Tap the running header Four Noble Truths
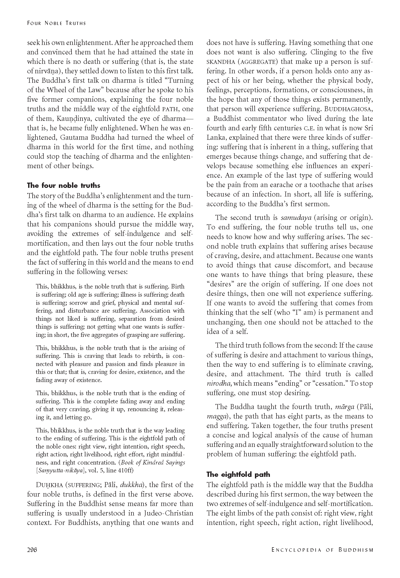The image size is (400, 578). pyautogui.click(x=57, y=23)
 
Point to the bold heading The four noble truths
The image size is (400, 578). pyautogui.click(x=64, y=185)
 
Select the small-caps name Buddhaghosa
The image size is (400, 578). pyautogui.click(x=348, y=109)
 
